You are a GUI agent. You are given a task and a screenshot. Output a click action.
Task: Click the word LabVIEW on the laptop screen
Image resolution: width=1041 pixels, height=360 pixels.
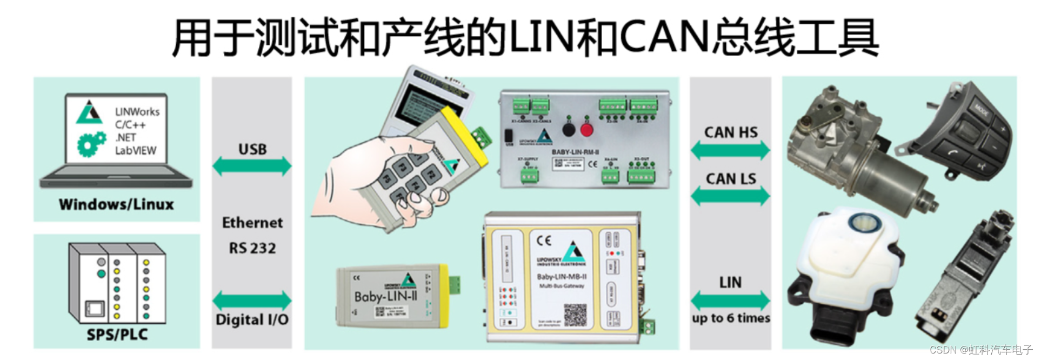[x=135, y=151]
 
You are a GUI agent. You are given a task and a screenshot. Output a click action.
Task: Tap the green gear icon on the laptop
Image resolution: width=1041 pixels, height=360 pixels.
[x=91, y=144]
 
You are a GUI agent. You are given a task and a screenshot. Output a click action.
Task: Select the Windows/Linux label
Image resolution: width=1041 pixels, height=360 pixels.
[x=116, y=204]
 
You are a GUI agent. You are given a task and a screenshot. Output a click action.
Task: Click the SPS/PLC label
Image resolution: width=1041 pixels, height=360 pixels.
[x=117, y=335]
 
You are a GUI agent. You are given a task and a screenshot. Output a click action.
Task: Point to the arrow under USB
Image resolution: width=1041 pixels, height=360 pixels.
[x=252, y=166]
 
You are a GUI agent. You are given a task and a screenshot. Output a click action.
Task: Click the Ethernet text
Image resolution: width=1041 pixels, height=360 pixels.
[x=252, y=223]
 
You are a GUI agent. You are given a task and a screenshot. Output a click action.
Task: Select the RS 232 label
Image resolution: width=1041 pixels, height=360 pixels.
[x=252, y=249]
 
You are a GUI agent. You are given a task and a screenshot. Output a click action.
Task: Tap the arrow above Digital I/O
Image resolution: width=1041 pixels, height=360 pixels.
[x=252, y=301]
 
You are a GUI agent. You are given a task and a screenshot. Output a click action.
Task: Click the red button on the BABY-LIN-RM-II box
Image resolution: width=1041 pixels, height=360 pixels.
[x=586, y=130]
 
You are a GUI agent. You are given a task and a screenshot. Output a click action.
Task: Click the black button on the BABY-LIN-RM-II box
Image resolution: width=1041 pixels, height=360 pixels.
[x=569, y=130]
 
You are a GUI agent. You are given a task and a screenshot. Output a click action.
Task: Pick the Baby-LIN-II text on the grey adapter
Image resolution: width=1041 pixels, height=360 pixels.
[x=385, y=296]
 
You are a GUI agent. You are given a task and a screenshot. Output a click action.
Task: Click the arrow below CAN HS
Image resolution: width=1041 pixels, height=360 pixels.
[x=730, y=150]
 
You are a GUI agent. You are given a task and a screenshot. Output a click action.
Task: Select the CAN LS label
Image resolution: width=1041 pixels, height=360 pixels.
[x=731, y=179]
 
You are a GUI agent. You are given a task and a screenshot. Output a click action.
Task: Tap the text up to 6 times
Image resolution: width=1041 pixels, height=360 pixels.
[x=731, y=318]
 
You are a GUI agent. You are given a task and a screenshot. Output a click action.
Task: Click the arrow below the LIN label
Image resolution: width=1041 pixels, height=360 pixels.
[x=730, y=301]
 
